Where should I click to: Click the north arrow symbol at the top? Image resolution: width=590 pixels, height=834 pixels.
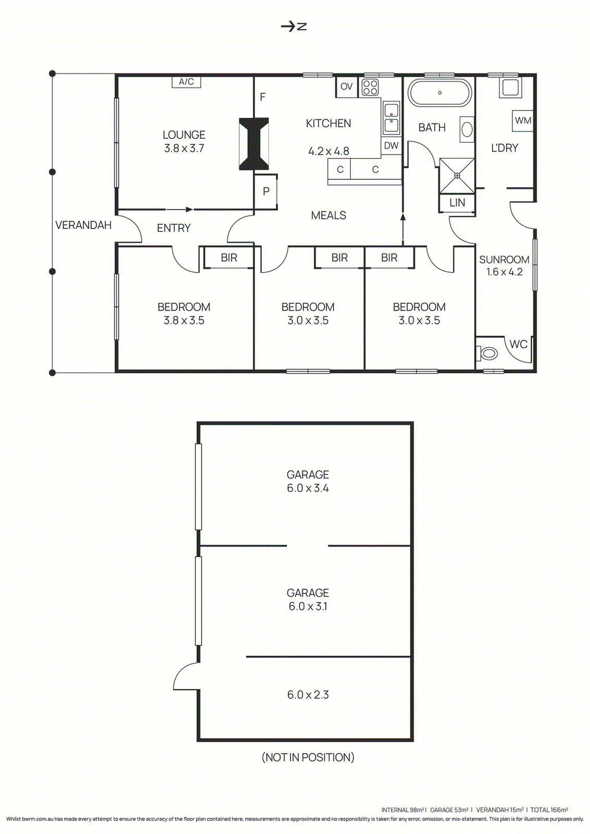pyautogui.click(x=293, y=26)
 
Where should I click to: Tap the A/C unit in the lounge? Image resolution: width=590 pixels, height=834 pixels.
pyautogui.click(x=186, y=82)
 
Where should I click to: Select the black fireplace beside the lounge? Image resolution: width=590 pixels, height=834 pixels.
pyautogui.click(x=254, y=144)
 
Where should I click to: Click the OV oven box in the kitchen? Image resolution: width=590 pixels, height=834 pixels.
pyautogui.click(x=347, y=87)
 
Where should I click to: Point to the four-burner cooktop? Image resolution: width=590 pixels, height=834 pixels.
pyautogui.click(x=370, y=87)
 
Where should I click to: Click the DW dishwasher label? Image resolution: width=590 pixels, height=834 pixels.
pyautogui.click(x=391, y=146)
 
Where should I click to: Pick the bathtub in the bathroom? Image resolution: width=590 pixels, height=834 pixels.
pyautogui.click(x=439, y=93)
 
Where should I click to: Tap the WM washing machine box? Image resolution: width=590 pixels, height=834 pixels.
pyautogui.click(x=523, y=120)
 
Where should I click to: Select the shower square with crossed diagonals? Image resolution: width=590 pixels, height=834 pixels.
pyautogui.click(x=457, y=176)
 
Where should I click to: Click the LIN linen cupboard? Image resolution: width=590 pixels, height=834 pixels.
pyautogui.click(x=457, y=203)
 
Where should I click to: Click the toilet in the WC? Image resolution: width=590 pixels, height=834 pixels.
pyautogui.click(x=488, y=353)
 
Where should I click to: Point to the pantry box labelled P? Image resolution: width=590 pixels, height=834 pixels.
pyautogui.click(x=266, y=191)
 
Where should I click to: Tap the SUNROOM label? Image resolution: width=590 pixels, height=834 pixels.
pyautogui.click(x=504, y=260)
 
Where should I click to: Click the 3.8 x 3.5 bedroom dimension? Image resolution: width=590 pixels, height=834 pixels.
pyautogui.click(x=184, y=321)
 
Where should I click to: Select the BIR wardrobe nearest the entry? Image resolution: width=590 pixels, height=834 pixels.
pyautogui.click(x=229, y=257)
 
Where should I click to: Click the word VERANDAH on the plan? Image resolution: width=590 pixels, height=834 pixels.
pyautogui.click(x=83, y=225)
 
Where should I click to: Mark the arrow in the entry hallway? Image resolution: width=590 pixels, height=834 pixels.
pyautogui.click(x=180, y=210)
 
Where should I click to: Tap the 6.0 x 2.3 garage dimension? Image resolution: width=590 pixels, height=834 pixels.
pyautogui.click(x=308, y=695)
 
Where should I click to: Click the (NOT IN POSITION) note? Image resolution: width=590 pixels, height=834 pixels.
pyautogui.click(x=308, y=757)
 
